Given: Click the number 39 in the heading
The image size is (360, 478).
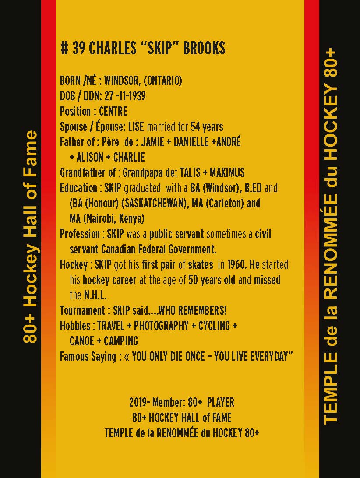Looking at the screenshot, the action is click(x=78, y=48).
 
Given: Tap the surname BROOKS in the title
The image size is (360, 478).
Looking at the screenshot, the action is click(x=204, y=48).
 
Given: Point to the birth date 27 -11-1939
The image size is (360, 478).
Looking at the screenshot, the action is click(x=125, y=96).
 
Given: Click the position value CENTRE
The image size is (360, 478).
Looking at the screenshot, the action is click(x=113, y=111).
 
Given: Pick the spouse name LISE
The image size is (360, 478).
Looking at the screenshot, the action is click(x=136, y=127).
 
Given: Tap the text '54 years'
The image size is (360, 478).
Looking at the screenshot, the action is click(x=207, y=127).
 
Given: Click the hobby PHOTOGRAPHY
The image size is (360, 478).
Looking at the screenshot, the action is click(x=161, y=326).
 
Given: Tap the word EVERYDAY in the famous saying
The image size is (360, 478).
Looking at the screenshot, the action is click(x=269, y=356).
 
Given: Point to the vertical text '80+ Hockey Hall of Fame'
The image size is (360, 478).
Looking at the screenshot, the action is click(x=31, y=237).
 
